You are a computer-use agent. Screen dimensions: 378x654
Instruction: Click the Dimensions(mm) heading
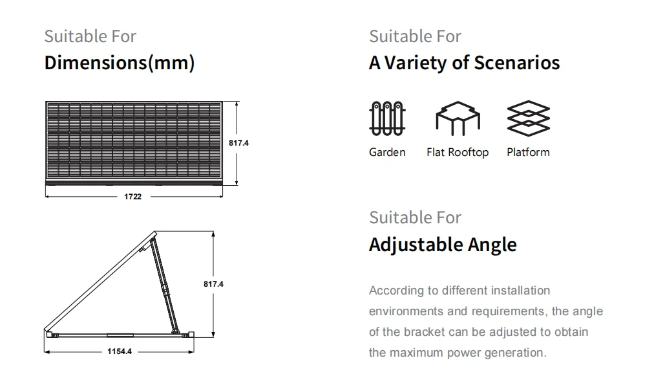tap(119, 63)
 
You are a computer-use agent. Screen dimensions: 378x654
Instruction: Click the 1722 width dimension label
tap(132, 196)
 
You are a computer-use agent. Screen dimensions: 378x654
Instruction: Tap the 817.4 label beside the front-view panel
tap(238, 142)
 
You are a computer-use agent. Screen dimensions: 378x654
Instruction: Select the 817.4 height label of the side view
tap(213, 283)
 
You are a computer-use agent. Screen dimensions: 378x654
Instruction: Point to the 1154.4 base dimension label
tap(120, 351)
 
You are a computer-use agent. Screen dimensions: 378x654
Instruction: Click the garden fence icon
tap(386, 118)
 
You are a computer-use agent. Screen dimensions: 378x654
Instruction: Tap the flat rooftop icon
tap(457, 118)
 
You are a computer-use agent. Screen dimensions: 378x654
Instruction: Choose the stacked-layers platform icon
tap(528, 118)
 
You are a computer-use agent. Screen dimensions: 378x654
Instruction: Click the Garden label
tap(387, 152)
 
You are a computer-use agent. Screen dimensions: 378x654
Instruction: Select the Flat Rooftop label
tap(458, 152)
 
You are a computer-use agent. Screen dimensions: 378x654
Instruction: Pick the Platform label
tap(528, 152)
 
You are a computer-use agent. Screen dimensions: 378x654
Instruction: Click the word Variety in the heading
tap(416, 63)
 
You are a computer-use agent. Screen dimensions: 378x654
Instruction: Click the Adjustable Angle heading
tap(443, 245)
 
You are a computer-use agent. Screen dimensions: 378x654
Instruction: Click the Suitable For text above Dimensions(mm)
tap(90, 36)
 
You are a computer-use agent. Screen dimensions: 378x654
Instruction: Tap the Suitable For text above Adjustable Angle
tap(415, 217)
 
